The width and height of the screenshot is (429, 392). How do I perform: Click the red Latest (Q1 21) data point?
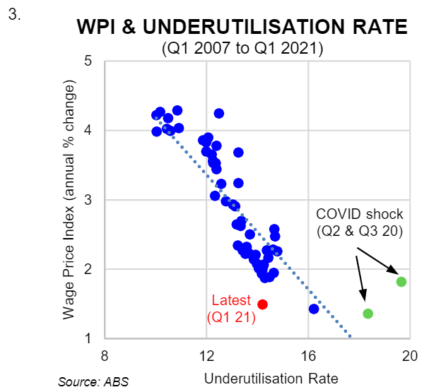262,304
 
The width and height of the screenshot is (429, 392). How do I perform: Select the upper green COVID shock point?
401,282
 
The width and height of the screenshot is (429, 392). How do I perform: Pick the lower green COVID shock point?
368,314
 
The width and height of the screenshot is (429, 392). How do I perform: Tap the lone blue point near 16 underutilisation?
314,309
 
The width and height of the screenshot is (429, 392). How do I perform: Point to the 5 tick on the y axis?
89,61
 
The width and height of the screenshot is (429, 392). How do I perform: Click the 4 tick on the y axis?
89,131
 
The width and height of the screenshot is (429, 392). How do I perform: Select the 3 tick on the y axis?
89,200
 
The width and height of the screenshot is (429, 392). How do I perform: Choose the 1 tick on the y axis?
89,339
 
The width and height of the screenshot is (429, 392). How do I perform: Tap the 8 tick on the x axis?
105,355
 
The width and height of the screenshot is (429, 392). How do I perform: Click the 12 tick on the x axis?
206,355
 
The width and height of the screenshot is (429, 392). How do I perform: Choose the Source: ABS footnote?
93,382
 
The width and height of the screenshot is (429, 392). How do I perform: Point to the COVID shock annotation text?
359,221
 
